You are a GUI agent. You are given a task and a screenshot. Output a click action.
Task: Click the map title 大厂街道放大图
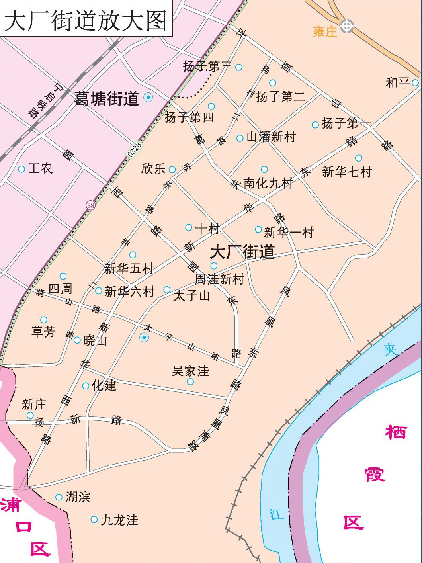point(85,20)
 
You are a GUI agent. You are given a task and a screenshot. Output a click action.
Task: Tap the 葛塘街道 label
point(107,99)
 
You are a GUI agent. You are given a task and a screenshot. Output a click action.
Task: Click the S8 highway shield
point(91,205)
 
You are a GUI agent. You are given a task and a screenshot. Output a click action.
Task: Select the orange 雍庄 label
point(325,32)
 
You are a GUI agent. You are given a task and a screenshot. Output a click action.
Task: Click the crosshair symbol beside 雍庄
point(347,26)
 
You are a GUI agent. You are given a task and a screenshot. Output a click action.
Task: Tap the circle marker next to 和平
point(415,83)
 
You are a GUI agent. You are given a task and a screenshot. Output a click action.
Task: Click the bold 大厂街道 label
point(242,252)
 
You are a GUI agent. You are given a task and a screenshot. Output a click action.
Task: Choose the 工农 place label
point(40,168)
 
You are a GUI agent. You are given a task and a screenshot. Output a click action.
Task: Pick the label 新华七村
point(346,172)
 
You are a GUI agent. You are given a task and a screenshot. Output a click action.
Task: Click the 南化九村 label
point(268,183)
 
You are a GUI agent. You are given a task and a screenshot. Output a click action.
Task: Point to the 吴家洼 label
point(190,371)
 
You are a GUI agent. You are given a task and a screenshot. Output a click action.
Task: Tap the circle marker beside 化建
point(86,386)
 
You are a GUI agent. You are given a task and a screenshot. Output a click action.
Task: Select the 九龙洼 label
point(119,520)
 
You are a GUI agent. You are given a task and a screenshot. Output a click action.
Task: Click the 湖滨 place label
point(78,497)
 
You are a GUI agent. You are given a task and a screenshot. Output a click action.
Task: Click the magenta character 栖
point(396,432)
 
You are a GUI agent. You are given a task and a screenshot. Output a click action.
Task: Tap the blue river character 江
point(277,514)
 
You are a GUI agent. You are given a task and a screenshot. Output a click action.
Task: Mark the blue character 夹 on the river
point(391,350)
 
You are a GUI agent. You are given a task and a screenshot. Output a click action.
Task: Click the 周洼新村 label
point(219,279)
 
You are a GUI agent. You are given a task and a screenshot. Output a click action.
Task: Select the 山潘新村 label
point(271,137)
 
